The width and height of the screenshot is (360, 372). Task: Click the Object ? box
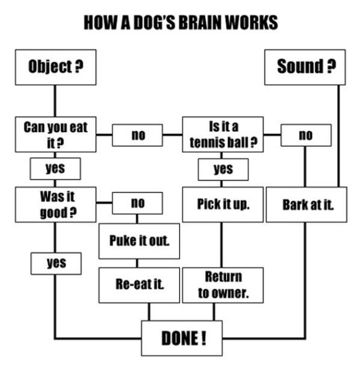pos(55,67)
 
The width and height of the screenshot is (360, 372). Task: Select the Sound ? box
pos(306,67)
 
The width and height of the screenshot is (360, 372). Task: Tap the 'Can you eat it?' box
pos(55,134)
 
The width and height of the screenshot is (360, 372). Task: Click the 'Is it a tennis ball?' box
pos(223,134)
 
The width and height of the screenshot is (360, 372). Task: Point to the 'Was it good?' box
pos(55,205)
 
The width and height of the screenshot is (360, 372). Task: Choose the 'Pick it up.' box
pos(223,205)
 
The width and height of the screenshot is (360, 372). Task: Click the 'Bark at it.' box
pos(306,205)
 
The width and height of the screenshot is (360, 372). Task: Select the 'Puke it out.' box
pos(140,241)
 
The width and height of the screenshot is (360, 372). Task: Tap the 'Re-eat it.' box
pos(140,285)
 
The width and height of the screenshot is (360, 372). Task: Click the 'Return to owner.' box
pos(223,285)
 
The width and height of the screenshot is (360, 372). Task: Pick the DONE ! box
pos(182,338)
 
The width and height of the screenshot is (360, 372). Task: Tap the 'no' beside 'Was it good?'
pos(138,203)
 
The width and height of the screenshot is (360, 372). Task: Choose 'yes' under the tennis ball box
pos(223,169)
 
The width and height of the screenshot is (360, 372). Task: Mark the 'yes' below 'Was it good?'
pos(55,263)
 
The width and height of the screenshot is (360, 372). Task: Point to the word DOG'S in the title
pos(151,22)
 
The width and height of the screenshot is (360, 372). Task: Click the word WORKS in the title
pos(253,22)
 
